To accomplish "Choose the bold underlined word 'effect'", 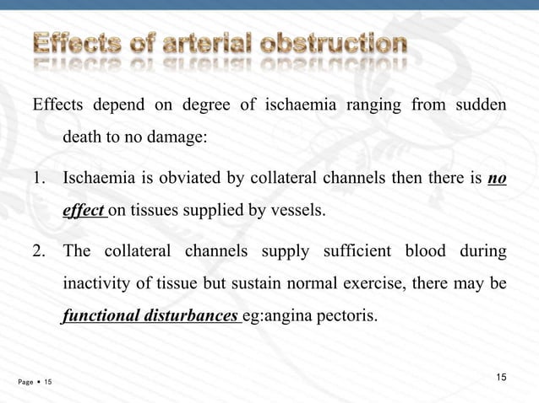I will click(82, 210).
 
